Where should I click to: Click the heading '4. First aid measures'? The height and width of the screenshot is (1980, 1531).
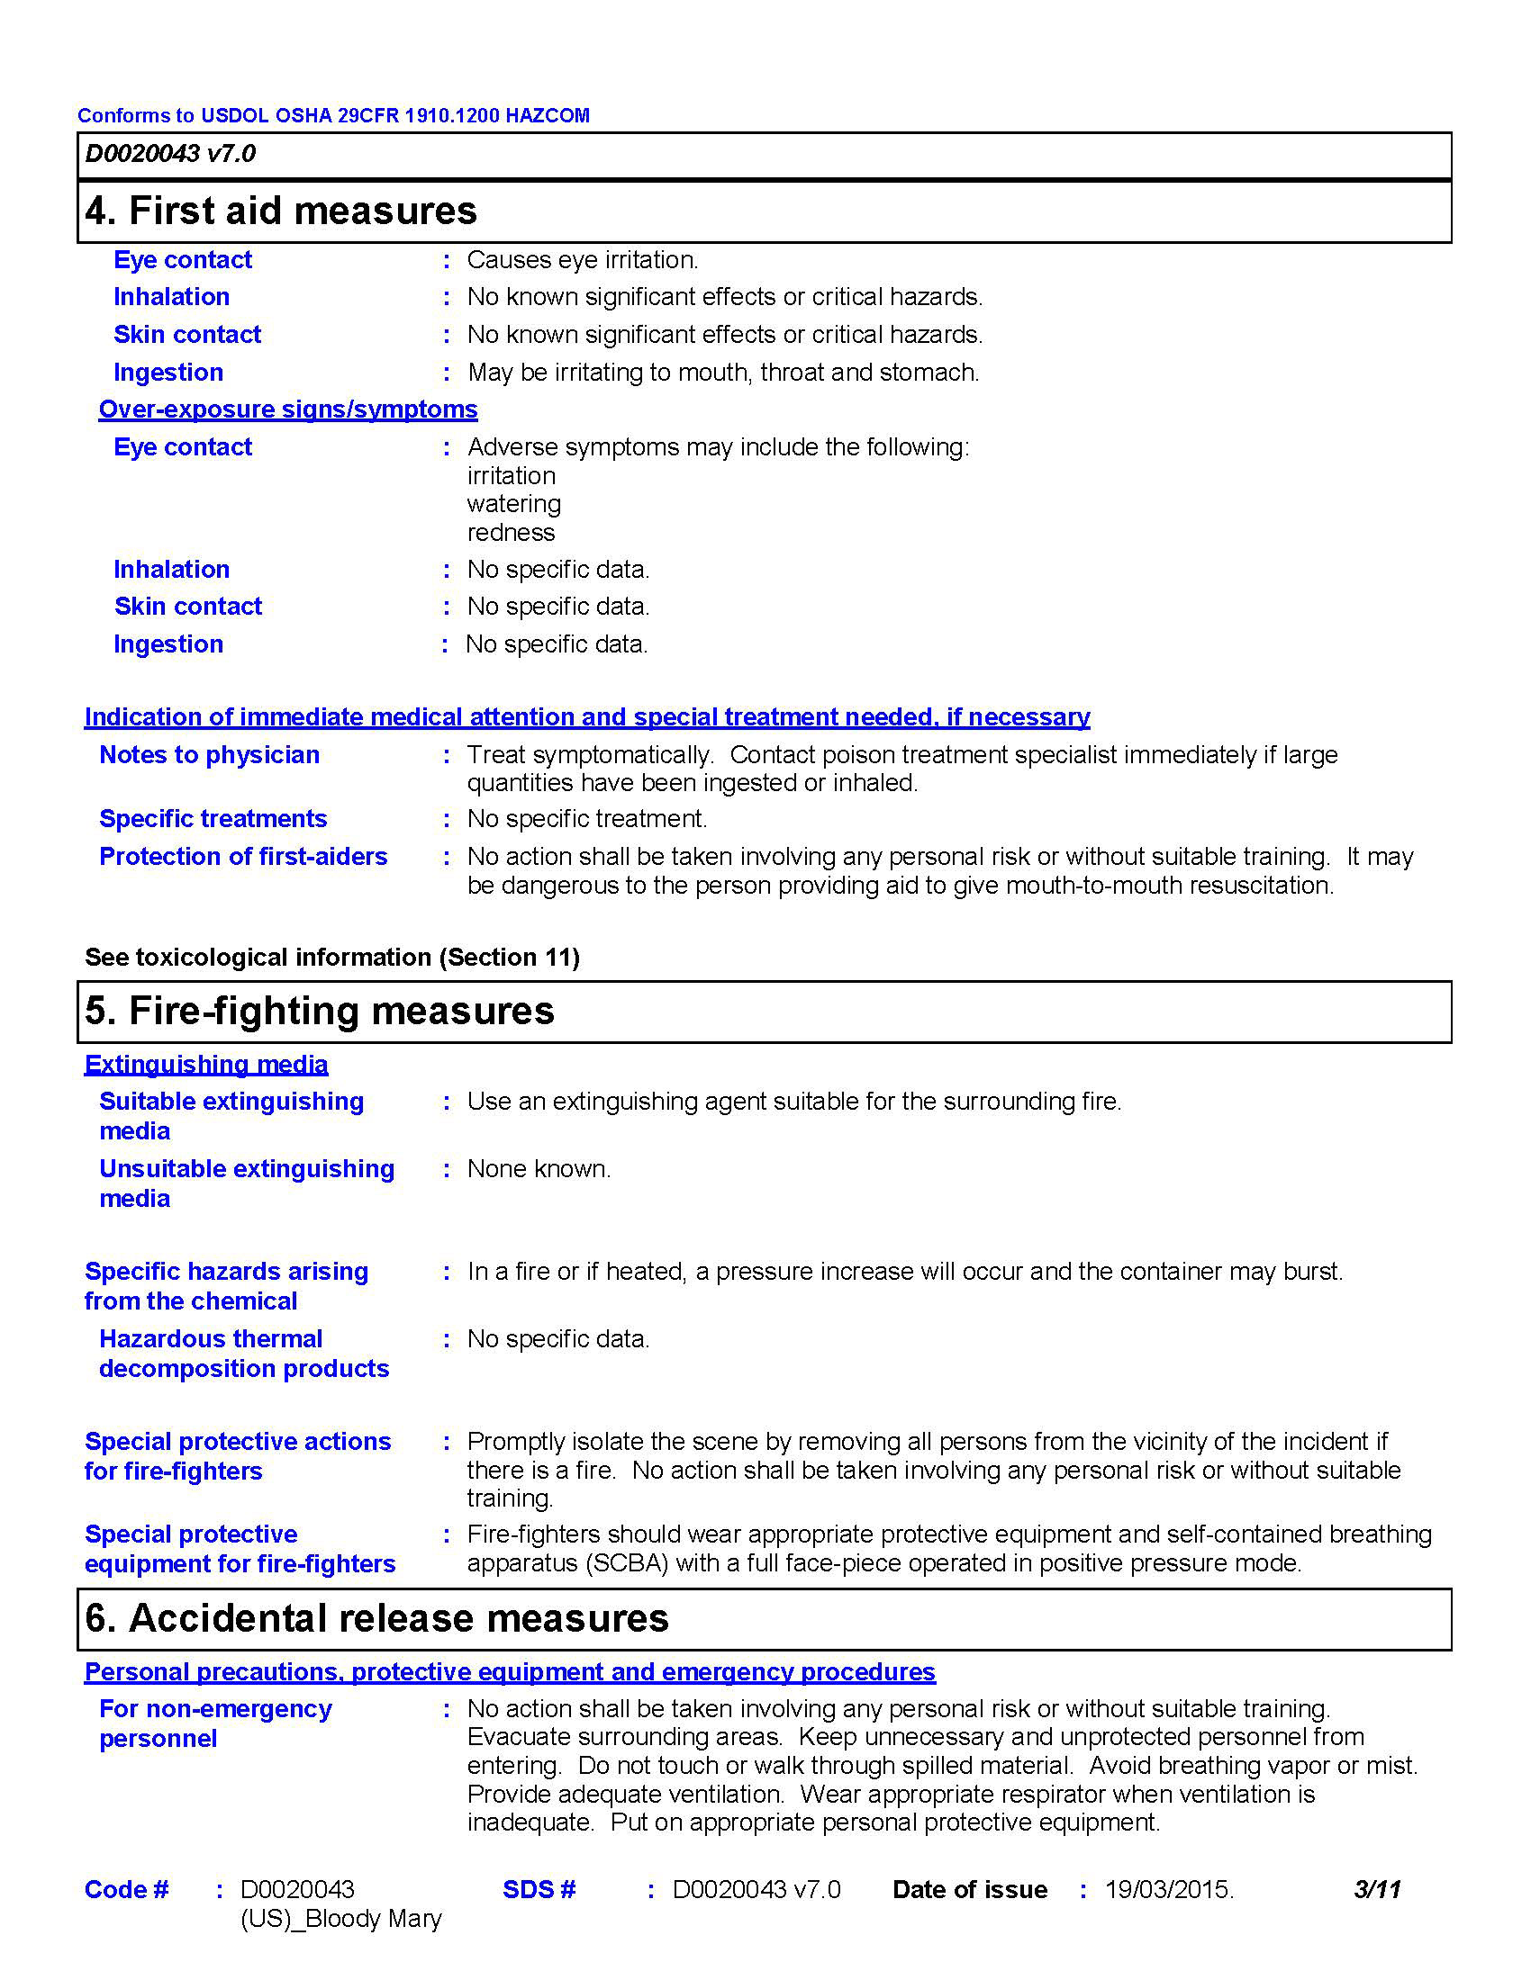(x=280, y=211)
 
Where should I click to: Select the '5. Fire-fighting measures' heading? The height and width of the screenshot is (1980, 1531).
(x=320, y=1011)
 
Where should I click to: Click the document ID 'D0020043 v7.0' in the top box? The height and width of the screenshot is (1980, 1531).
(x=170, y=154)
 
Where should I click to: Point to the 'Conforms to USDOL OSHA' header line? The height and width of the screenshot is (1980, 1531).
(x=333, y=116)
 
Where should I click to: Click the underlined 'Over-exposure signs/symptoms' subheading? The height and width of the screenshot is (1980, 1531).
(x=287, y=409)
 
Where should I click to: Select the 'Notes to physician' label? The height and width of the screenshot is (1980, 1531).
(x=210, y=755)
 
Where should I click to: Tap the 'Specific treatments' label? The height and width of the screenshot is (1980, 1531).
(x=213, y=819)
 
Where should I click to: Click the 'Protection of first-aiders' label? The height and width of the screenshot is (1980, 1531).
(x=243, y=857)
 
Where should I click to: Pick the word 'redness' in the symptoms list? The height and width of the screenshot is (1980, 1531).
(x=511, y=533)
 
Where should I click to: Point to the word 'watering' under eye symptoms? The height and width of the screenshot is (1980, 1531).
(x=513, y=504)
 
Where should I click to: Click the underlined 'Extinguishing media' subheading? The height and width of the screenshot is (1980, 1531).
(x=206, y=1065)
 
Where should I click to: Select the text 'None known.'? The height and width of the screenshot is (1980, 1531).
(x=539, y=1169)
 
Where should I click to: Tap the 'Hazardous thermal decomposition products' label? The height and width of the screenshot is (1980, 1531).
(x=244, y=1354)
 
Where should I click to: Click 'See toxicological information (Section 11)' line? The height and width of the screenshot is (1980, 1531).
(x=332, y=958)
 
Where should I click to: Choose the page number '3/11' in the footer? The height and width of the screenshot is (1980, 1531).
(x=1377, y=1890)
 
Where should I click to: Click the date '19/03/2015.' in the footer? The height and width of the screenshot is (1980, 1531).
(x=1169, y=1890)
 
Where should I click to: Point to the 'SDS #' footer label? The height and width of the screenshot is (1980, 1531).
(x=539, y=1890)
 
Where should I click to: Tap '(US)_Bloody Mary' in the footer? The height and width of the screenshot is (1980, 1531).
(x=341, y=1920)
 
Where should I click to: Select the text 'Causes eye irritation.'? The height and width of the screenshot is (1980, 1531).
(x=583, y=260)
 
